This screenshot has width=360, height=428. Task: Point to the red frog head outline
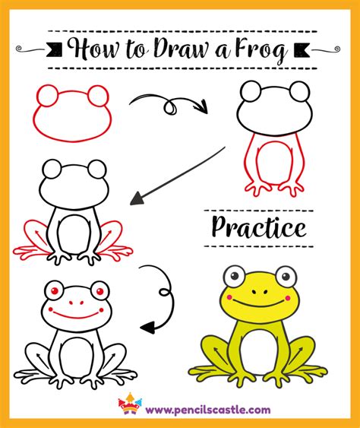click(x=72, y=114)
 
